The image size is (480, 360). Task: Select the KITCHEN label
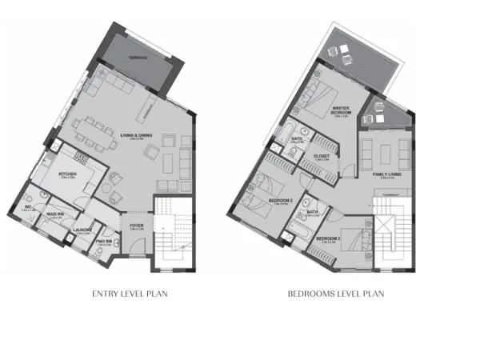[x=66, y=173]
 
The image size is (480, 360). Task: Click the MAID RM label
[x=54, y=214]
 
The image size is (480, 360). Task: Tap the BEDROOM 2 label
[x=279, y=199]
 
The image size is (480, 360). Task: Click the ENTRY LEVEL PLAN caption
[x=129, y=294]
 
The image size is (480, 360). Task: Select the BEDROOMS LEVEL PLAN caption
[x=336, y=294]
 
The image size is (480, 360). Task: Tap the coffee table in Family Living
[x=389, y=150]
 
